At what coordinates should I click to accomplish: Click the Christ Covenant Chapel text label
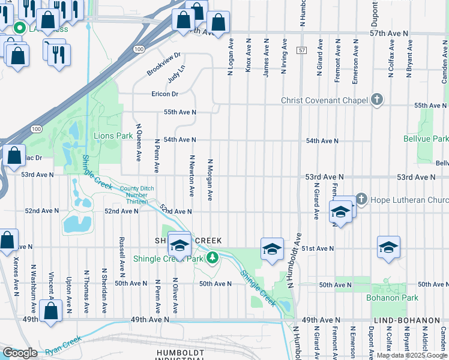[x=324, y=100]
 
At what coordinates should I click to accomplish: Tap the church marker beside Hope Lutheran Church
[x=361, y=199]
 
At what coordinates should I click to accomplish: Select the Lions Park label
[x=113, y=136]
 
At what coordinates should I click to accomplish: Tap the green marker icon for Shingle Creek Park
[x=211, y=258]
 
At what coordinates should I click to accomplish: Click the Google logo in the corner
[x=20, y=353]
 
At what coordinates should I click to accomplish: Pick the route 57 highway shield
[x=301, y=52]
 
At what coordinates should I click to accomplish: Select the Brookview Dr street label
[x=164, y=64]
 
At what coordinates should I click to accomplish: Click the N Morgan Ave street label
[x=210, y=179]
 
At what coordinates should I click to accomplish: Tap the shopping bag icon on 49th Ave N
[x=51, y=311]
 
